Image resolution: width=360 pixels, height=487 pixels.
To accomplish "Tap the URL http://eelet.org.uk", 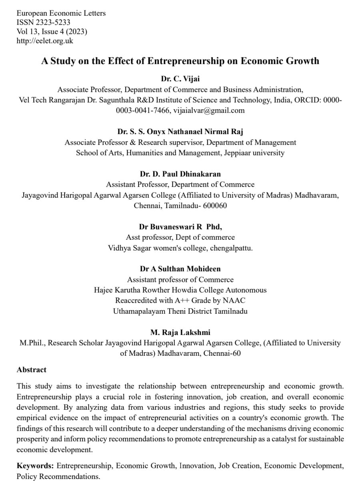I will [45, 40].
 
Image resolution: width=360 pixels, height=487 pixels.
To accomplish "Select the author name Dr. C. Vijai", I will [180, 78].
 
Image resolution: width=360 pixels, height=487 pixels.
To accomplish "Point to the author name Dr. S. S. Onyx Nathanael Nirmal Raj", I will [180, 131].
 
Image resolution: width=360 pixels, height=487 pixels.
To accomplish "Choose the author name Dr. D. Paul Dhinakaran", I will [180, 174].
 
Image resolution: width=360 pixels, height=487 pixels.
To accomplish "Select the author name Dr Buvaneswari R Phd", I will [180, 226].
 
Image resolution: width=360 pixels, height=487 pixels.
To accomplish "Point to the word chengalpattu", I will [232, 248].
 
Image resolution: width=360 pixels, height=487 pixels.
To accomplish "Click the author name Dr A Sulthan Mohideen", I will [180, 269].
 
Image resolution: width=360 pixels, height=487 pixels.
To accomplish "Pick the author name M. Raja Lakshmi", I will [180, 332].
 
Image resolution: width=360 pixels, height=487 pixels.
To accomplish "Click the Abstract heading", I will [32, 370].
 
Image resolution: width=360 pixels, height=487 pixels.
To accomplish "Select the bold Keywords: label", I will [36, 466].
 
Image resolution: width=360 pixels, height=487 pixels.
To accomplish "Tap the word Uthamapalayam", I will [138, 311].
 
